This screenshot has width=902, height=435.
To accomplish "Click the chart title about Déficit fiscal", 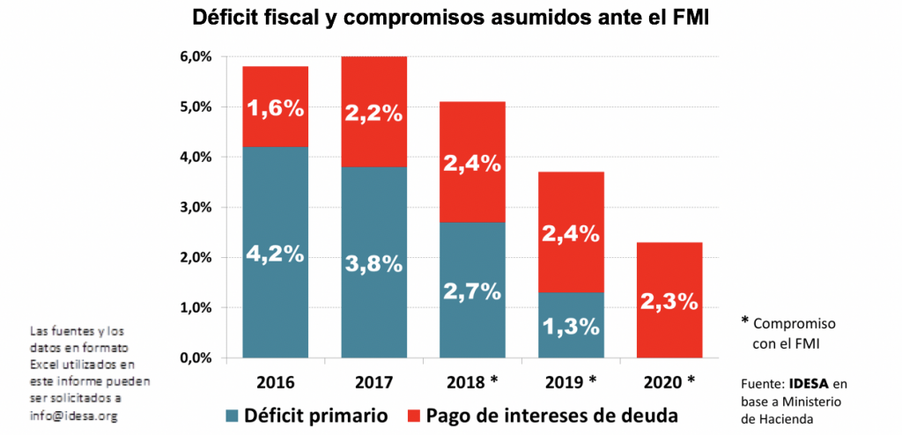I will pos(450,18).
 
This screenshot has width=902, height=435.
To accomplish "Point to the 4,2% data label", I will pos(277,254).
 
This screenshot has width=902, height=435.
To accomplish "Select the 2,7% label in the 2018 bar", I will pos(473,291).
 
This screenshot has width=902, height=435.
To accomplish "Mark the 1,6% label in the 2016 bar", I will pos(277,108).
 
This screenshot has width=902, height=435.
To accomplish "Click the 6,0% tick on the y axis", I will pos(196,57).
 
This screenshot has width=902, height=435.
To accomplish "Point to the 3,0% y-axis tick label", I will pos(196,208).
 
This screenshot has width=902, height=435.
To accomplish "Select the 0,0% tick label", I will pos(196,358).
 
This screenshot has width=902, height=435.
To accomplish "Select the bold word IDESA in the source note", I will pos(808,384).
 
